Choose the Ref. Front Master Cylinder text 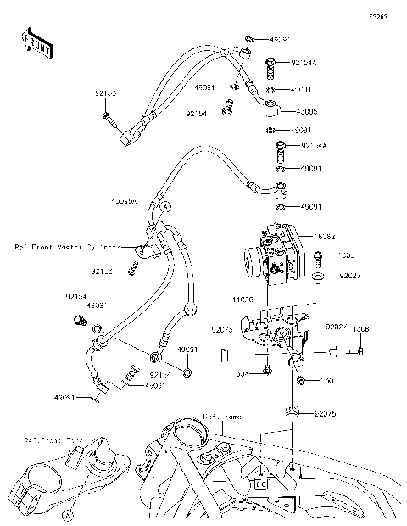click(x=69, y=248)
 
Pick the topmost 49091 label click(x=279, y=39)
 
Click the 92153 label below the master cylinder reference click(x=102, y=272)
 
